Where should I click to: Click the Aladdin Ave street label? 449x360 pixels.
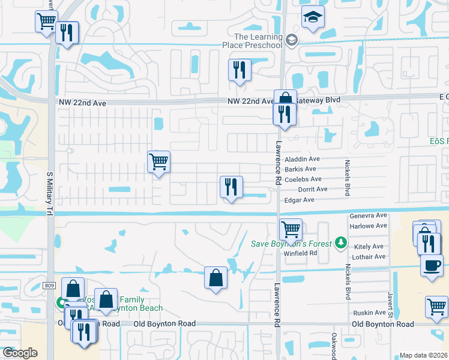pyautogui.click(x=303, y=159)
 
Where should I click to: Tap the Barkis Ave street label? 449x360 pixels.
pyautogui.click(x=300, y=169)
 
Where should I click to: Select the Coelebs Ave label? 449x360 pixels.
pyautogui.click(x=303, y=179)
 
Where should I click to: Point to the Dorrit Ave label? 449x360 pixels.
pyautogui.click(x=313, y=189)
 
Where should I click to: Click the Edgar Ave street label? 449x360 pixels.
pyautogui.click(x=300, y=200)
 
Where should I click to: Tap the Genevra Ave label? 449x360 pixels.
pyautogui.click(x=369, y=215)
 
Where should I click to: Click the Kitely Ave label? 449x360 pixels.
pyautogui.click(x=369, y=247)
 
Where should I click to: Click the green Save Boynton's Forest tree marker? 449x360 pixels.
pyautogui.click(x=341, y=242)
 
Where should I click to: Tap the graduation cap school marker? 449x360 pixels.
pyautogui.click(x=313, y=17)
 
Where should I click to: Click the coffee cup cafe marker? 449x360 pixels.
pyautogui.click(x=432, y=265)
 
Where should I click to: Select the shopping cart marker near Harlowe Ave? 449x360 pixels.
pyautogui.click(x=291, y=229)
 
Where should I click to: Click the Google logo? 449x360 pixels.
pyautogui.click(x=19, y=353)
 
